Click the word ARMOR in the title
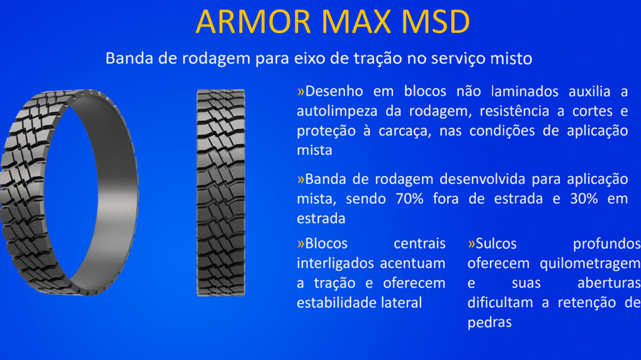[254, 21]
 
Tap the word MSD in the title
[435, 21]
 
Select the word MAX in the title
[356, 21]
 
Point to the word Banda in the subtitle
[130, 58]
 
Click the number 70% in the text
[409, 199]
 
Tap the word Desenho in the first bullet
[334, 91]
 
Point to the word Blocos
[326, 244]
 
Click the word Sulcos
[496, 244]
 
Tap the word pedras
[489, 322]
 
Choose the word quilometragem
[590, 264]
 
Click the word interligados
[336, 264]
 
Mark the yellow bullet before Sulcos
[472, 244]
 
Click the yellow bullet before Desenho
[301, 91]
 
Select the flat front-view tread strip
[221, 193]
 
